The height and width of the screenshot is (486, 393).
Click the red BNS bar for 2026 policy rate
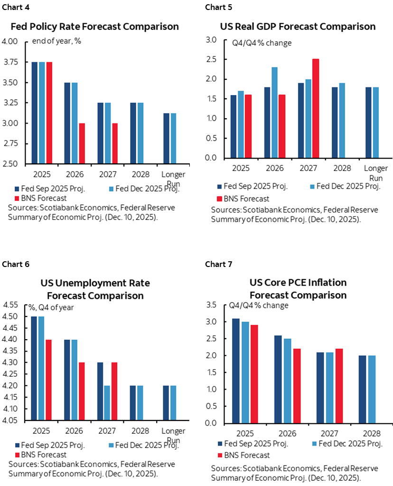click(x=82, y=143)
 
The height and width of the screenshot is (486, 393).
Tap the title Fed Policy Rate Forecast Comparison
click(x=94, y=27)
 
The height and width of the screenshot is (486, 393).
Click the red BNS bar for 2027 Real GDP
click(x=315, y=108)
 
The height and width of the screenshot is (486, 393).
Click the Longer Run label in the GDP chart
click(x=376, y=172)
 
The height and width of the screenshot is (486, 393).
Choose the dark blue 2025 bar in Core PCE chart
click(x=236, y=371)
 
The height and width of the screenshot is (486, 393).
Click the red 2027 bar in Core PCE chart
click(x=352, y=386)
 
